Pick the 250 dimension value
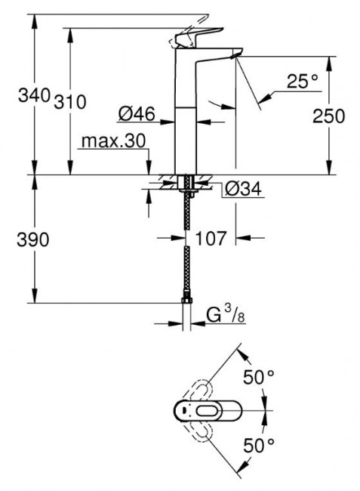click(x=328, y=116)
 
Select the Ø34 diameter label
click(x=243, y=188)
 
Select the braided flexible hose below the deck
click(x=186, y=249)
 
